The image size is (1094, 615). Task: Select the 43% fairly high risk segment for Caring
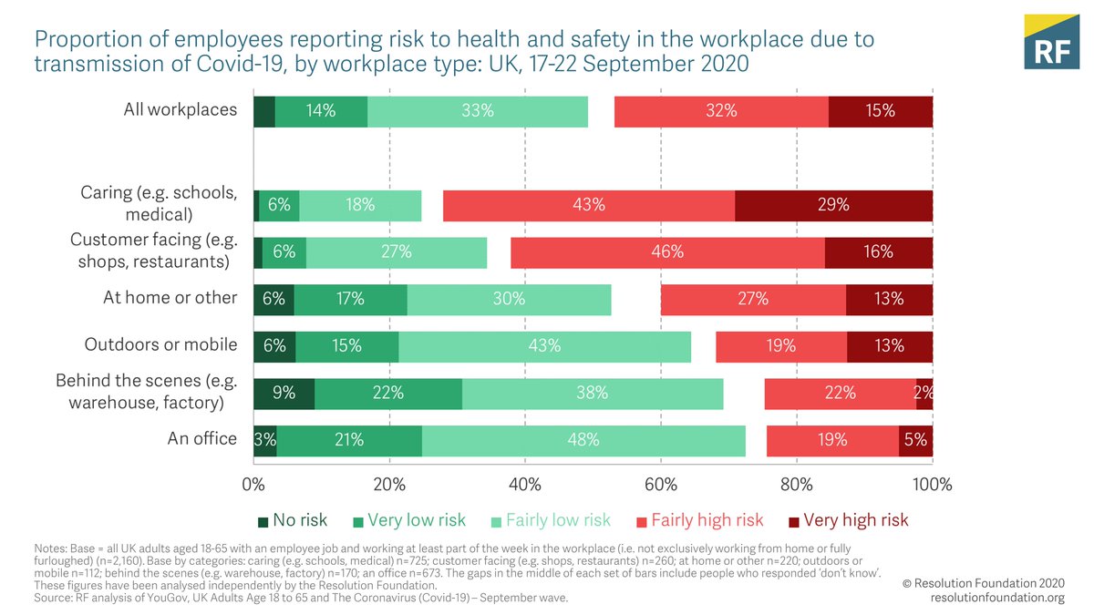click(x=589, y=205)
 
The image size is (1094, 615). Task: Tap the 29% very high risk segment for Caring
click(x=833, y=205)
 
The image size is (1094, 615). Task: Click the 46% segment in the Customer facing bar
click(x=667, y=252)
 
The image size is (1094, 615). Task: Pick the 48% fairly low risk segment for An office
click(x=583, y=439)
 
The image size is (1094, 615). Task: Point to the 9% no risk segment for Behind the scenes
click(x=284, y=393)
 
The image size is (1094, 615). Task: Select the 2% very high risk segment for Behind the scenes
click(x=924, y=393)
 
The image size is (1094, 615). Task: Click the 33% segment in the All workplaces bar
click(x=478, y=111)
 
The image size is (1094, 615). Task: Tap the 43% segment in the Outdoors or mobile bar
click(x=544, y=346)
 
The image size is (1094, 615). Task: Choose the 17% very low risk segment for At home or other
click(x=350, y=299)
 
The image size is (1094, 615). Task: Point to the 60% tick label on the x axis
click(x=661, y=484)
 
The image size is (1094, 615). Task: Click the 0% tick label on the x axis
click(x=253, y=484)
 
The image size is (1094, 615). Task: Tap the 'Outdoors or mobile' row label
click(x=160, y=345)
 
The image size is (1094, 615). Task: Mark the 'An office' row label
click(x=201, y=439)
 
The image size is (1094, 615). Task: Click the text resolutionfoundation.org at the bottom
click(x=997, y=598)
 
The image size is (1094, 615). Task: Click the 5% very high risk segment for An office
click(x=915, y=439)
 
